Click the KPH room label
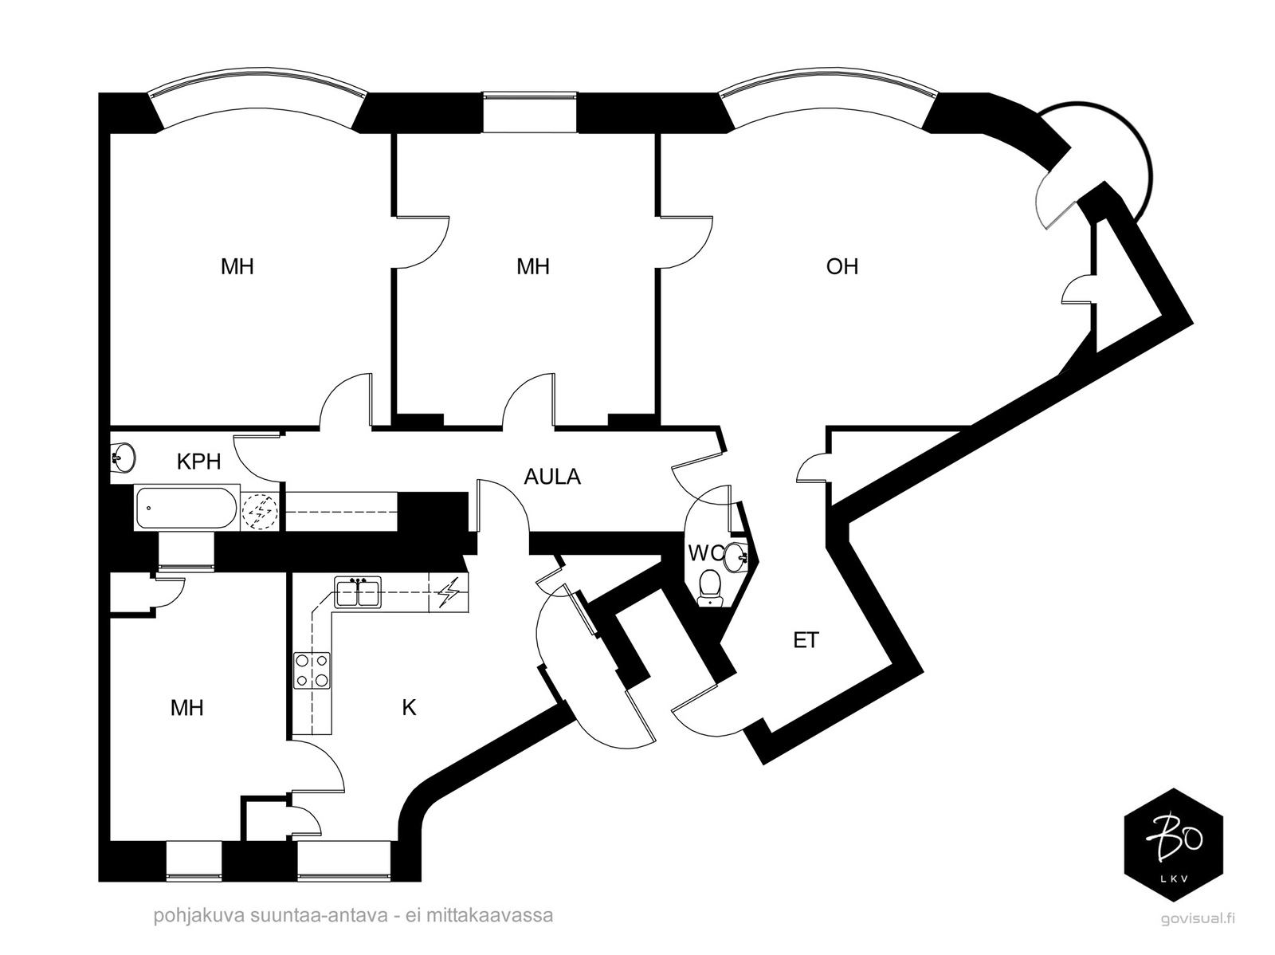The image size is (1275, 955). [x=198, y=462]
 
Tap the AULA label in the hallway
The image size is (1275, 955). [x=551, y=477]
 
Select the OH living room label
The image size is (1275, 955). [x=841, y=266]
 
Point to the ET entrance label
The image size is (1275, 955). [x=806, y=639]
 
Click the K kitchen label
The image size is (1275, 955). [x=409, y=707]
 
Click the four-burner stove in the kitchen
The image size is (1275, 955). [x=312, y=670]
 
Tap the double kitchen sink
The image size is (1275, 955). [x=358, y=592]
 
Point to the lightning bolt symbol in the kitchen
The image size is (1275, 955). [x=448, y=592]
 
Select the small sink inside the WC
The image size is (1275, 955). [x=736, y=556]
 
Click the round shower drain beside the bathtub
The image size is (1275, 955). [x=260, y=511]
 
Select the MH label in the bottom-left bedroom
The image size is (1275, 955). [x=187, y=707]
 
